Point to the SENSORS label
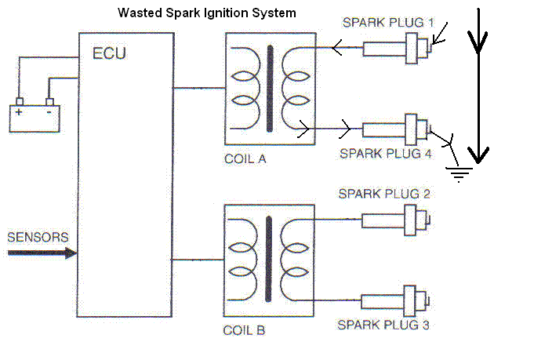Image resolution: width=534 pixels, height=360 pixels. [37, 237]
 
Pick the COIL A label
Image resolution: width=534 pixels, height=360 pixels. [245, 158]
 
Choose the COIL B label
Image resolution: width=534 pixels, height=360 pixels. [245, 330]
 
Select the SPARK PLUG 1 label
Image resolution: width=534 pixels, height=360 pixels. [387, 23]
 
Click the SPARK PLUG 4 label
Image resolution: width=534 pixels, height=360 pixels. [386, 154]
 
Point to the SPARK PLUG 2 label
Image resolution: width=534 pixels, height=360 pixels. [384, 194]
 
